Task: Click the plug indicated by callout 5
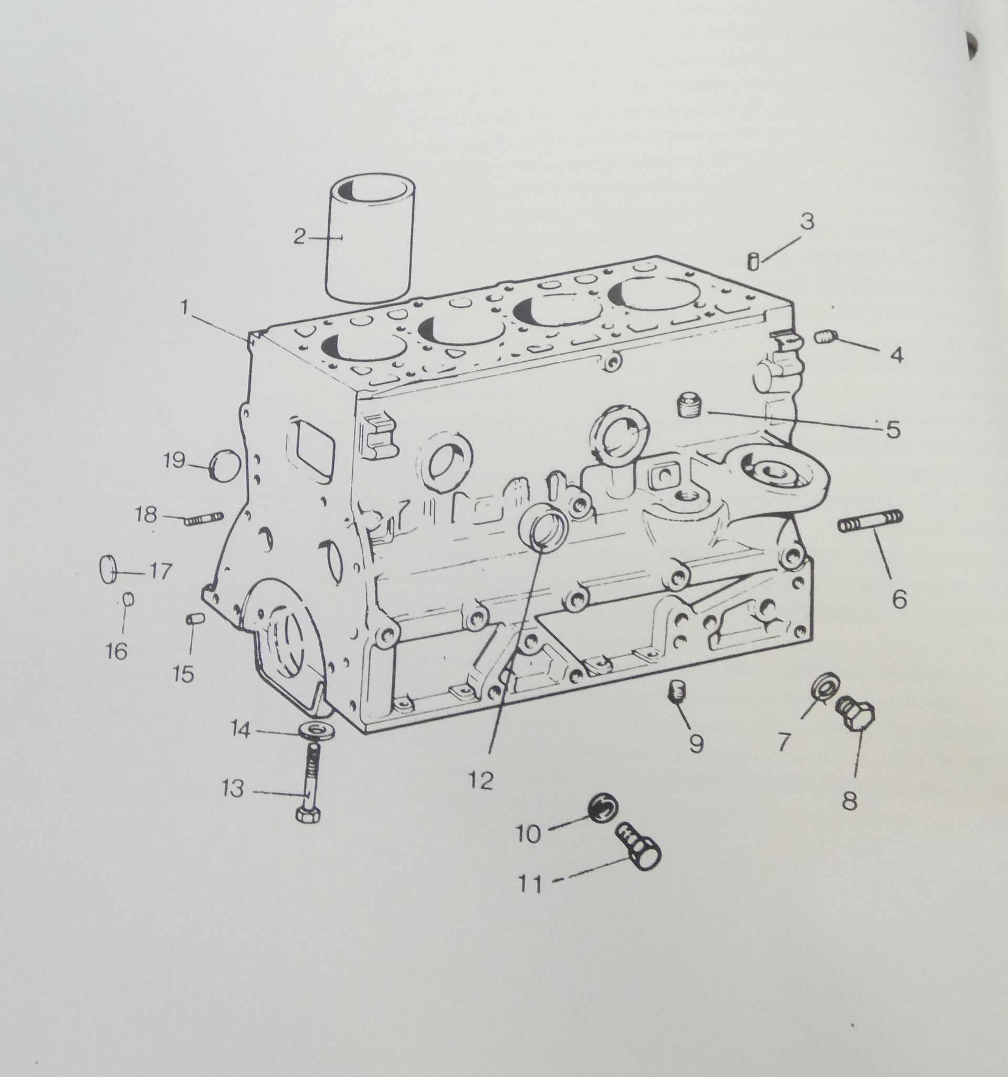(688, 405)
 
